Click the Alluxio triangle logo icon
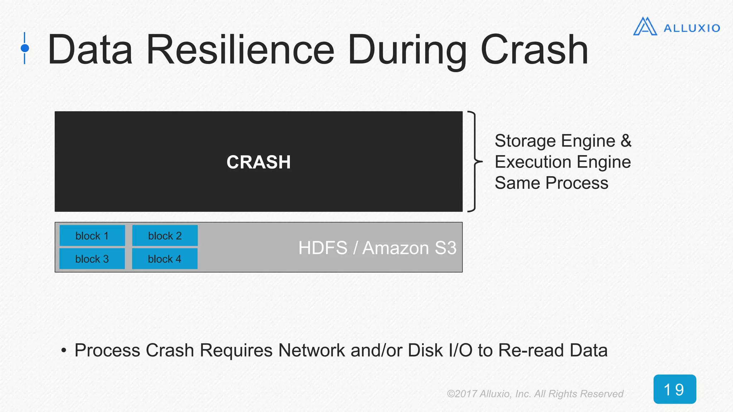[645, 27]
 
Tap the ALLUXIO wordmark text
[691, 28]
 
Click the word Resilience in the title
[240, 50]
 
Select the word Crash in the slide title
[534, 50]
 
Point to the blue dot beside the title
[25, 48]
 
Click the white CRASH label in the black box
[258, 162]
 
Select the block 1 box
[92, 236]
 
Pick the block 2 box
[165, 236]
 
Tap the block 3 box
[92, 259]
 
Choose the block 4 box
[165, 259]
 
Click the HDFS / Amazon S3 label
[377, 248]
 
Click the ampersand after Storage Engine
[626, 141]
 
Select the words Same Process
[551, 183]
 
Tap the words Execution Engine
[563, 162]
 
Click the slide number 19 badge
[674, 389]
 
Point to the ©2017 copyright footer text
[535, 394]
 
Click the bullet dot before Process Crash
[64, 350]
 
